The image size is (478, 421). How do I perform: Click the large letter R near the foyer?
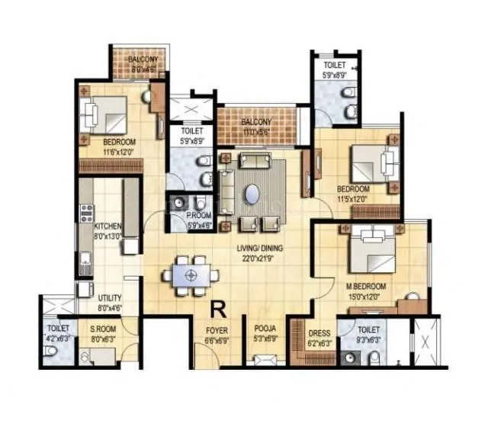tap(218, 310)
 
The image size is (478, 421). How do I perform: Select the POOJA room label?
tap(265, 330)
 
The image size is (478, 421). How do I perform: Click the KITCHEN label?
tap(107, 227)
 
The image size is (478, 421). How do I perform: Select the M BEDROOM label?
tap(367, 287)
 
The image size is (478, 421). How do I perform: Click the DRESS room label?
tap(319, 333)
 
